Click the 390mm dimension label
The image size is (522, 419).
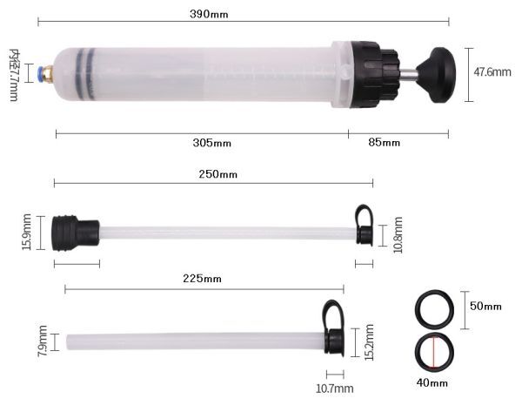(209, 14)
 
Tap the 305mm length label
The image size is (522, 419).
(211, 143)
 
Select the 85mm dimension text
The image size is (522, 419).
(384, 143)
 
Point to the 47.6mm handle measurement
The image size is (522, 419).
(492, 72)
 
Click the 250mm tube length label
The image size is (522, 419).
(218, 174)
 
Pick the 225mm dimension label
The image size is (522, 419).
(202, 279)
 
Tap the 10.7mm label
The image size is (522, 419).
(335, 389)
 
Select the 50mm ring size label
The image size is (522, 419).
(485, 306)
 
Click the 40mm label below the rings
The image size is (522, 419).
(432, 382)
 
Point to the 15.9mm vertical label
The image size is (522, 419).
(27, 232)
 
